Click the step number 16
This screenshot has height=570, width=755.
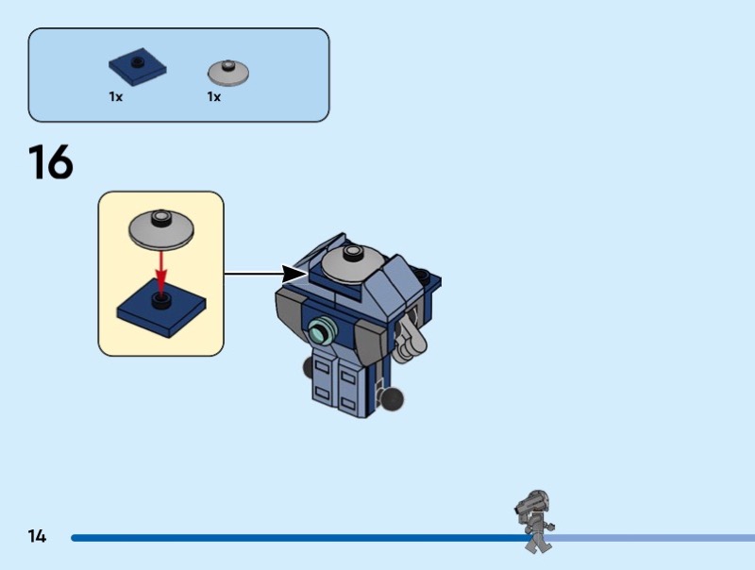point(51,161)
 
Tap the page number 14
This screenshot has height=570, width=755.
point(37,536)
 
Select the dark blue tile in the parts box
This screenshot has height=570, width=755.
point(137,66)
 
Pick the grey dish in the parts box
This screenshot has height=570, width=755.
point(228,73)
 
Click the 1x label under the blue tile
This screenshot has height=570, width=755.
point(115,97)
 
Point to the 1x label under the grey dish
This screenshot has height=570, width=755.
point(214,97)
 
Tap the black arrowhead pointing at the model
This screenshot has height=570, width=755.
point(293,275)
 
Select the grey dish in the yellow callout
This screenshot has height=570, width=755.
point(160,229)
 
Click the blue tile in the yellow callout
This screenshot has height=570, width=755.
point(161,308)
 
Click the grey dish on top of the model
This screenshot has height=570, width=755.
point(352,264)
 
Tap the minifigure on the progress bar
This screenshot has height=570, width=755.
point(535,521)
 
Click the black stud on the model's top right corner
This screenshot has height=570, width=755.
point(422,275)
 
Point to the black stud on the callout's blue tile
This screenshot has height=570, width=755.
point(161,300)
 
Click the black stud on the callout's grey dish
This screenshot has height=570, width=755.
point(160,217)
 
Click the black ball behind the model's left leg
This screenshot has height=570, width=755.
point(309,368)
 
